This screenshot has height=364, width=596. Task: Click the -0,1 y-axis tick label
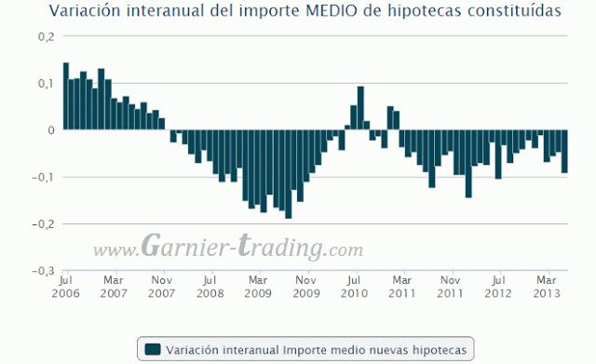point(43,177)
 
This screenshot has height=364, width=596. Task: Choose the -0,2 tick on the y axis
point(43,223)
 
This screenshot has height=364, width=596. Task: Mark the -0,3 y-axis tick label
point(43,271)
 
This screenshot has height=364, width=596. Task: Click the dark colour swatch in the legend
point(154,349)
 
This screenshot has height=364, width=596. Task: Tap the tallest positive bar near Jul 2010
point(360,108)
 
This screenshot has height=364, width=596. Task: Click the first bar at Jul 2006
point(66,96)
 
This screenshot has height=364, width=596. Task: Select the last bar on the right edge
point(564,151)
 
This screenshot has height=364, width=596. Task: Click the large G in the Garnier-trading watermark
point(156,247)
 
